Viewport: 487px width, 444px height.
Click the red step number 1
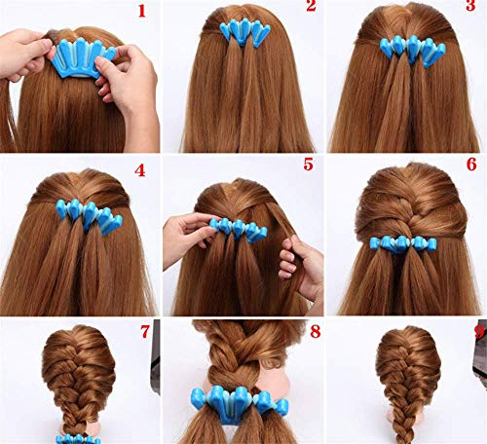(142, 12)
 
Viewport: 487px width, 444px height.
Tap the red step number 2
(310, 9)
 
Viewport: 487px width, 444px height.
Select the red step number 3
(472, 10)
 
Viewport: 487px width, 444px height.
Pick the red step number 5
(308, 165)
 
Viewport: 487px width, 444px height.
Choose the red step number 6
(472, 166)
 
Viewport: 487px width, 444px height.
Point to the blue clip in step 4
(85, 214)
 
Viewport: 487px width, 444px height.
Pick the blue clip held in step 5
(235, 229)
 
